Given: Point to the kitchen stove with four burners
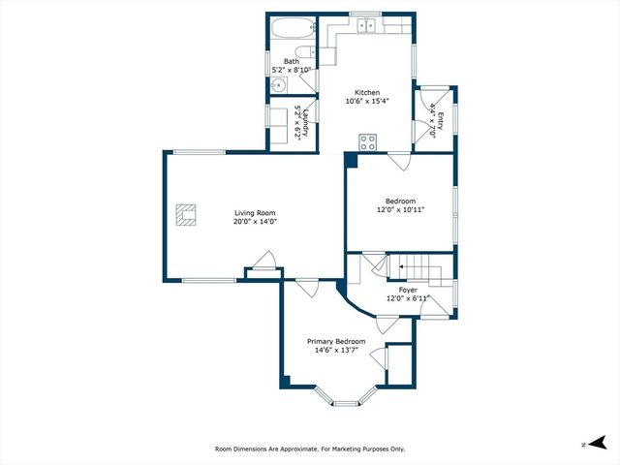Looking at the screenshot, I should click(368, 142).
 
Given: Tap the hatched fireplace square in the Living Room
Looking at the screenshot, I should click(186, 214).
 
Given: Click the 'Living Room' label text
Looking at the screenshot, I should click(255, 213).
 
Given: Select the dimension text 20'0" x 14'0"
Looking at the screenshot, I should click(255, 222).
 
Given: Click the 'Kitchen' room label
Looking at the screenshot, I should click(367, 93).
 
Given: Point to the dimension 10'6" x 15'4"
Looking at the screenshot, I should click(367, 102).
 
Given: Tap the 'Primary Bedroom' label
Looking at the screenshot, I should click(336, 342).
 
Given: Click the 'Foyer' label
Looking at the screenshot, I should click(408, 290).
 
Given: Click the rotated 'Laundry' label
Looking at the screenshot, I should click(304, 122).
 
